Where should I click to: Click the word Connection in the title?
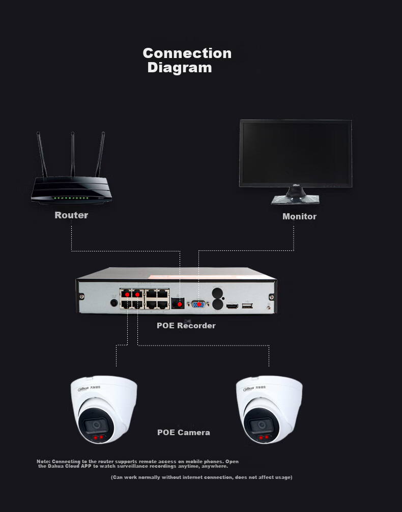[187, 53]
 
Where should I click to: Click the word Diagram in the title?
[179, 68]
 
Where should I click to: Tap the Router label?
[71, 215]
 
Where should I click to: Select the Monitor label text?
[299, 216]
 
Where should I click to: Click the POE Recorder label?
[186, 325]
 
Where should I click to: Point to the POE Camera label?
[183, 432]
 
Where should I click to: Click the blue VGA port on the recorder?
[198, 305]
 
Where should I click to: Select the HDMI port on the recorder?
[233, 306]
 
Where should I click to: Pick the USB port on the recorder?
[247, 306]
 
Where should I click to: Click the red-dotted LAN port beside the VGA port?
[178, 303]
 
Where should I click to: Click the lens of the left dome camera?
[95, 425]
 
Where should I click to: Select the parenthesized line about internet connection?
[202, 477]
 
